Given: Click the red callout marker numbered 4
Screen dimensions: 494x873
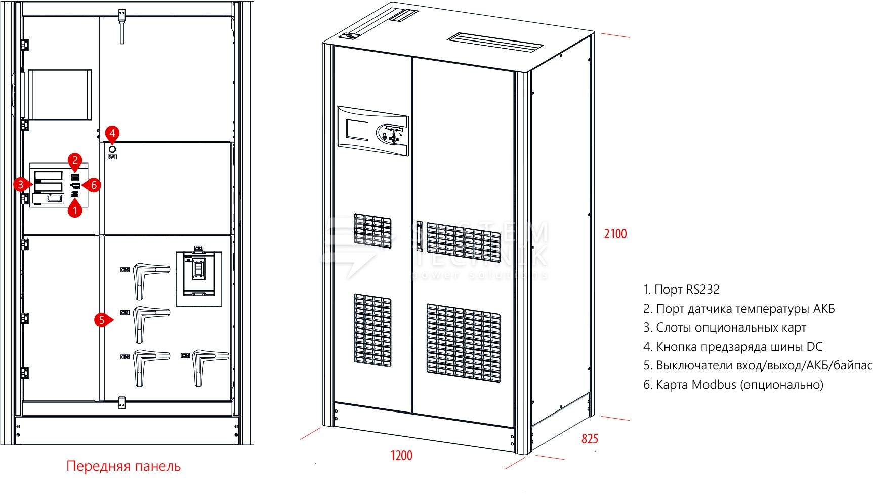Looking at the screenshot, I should [x=112, y=134].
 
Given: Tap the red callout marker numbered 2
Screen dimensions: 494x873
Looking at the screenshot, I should [x=75, y=161].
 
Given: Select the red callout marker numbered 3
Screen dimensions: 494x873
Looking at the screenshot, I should [x=21, y=184].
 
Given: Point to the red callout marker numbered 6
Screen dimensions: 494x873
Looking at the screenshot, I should [x=94, y=185].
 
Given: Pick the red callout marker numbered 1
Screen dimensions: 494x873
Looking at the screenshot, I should [x=75, y=209].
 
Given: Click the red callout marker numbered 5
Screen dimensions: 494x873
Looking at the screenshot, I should [x=102, y=320].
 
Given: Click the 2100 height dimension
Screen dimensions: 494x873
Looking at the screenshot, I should [x=615, y=234].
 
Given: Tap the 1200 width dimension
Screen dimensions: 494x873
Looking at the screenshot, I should [x=401, y=456].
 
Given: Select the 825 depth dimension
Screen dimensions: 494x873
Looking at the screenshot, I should [x=590, y=439].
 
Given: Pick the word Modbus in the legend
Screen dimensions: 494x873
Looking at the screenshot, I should [x=714, y=385].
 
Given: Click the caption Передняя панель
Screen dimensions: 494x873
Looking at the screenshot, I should [x=123, y=466].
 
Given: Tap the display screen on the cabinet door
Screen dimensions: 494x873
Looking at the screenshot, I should [x=358, y=130].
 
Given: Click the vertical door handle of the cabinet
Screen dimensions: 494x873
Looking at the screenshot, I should [x=419, y=236].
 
